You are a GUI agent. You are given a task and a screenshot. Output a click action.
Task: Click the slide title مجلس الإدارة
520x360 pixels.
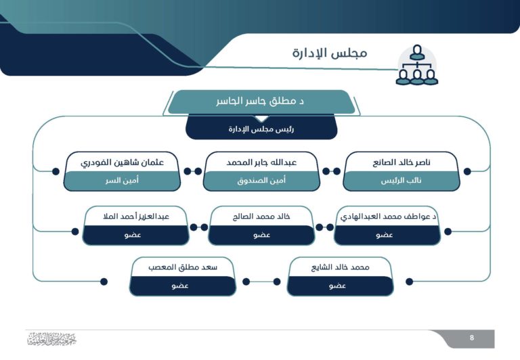point(330,53)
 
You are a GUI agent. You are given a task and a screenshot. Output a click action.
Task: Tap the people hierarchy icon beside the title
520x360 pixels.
point(416,66)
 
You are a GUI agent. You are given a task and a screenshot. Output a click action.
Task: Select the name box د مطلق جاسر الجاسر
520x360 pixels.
point(261,102)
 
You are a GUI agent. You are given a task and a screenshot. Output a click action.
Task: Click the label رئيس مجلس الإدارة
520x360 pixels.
point(261,128)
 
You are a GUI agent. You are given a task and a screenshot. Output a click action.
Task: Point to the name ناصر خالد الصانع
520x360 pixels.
point(402,162)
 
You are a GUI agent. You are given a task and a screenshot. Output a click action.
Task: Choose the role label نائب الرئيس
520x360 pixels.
point(402,181)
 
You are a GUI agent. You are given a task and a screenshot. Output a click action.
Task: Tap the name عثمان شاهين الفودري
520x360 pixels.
point(122,162)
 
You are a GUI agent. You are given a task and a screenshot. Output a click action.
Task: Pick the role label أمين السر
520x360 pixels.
point(122,181)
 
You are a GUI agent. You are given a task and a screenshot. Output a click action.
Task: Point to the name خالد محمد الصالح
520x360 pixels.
point(261,217)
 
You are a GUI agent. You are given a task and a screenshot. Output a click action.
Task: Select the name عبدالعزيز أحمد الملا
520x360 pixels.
point(135,217)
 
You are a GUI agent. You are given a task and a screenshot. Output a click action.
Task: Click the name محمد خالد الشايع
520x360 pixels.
point(340,267)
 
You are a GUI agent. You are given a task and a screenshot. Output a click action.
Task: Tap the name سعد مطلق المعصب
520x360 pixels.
point(183,267)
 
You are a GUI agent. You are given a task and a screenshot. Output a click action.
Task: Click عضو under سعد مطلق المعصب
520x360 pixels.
point(183,286)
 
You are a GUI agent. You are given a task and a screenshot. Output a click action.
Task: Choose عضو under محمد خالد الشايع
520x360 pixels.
point(340,286)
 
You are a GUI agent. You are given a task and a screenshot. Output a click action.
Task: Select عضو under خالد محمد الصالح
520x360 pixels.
point(261,235)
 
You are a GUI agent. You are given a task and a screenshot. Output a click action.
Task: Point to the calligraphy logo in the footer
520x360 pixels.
point(51,339)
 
